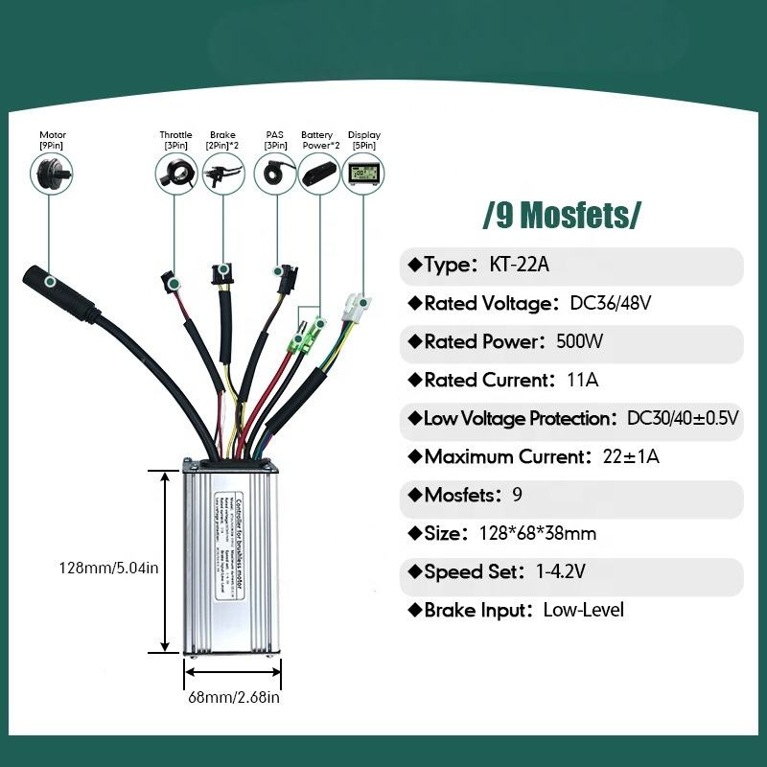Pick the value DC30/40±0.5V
coord(683,419)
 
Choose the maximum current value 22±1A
coord(627,456)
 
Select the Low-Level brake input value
coord(583,610)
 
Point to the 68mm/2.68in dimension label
coord(233,697)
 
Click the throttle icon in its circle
coord(175,174)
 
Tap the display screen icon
coord(363,174)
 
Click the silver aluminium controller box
coord(233,561)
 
